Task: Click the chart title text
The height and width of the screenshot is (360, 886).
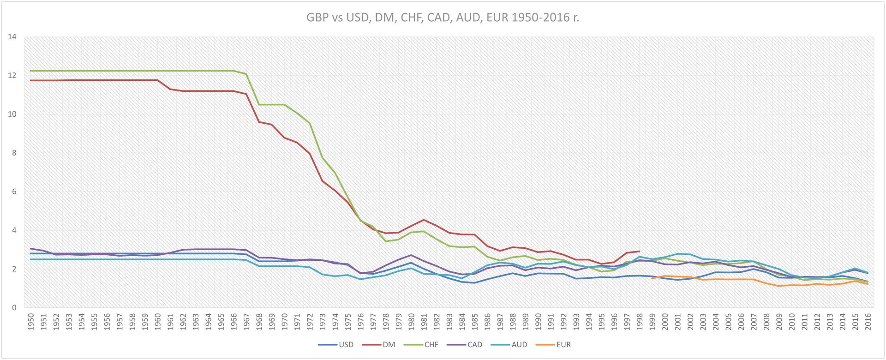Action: click(443, 18)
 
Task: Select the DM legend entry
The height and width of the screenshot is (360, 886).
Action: click(389, 344)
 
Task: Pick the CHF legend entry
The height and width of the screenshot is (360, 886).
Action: click(431, 344)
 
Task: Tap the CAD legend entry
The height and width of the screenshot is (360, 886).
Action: click(474, 344)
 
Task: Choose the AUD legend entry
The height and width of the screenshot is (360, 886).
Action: click(519, 344)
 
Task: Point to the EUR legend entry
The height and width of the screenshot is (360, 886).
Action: click(563, 344)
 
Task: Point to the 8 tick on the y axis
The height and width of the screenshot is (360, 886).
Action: click(14, 153)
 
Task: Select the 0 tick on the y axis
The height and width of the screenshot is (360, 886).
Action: click(14, 308)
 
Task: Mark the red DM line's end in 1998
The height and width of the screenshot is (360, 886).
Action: click(639, 251)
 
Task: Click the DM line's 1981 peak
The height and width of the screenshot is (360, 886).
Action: click(424, 220)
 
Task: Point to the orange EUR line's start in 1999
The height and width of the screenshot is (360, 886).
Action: click(652, 278)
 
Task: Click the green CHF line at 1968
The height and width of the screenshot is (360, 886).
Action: click(259, 104)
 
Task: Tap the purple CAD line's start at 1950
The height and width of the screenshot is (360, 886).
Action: click(31, 249)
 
